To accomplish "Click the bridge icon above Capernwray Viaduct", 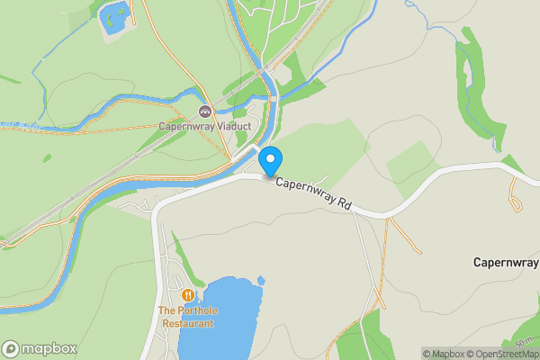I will click(204, 112).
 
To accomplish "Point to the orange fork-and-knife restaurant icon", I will click(188, 295).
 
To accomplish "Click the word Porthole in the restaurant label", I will click(201, 311).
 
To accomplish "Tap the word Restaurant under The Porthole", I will click(188, 323).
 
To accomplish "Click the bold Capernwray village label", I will click(506, 262).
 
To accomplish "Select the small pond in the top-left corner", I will click(113, 17).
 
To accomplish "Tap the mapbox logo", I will click(39, 348).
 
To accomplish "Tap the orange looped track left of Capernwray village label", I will click(516, 194).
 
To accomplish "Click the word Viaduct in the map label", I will click(229, 126).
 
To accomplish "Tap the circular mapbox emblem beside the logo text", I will click(11, 348).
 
